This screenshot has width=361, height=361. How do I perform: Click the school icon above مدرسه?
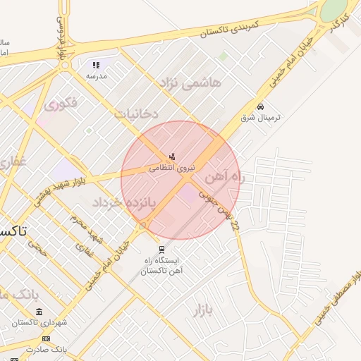(x=96, y=66)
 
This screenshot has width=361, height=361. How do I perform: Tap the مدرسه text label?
(x=96, y=75)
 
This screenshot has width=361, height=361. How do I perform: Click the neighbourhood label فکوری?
(x=61, y=105)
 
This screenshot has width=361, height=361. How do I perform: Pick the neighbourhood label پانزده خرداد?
(x=117, y=202)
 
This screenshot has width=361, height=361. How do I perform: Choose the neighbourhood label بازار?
(x=202, y=309)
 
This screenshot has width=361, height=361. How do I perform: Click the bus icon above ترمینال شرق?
(x=261, y=106)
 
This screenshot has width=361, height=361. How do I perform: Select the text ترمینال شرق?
(x=261, y=117)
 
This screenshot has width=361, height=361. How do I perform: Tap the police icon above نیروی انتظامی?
(x=173, y=157)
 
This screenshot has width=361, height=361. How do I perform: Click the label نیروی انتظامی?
(x=170, y=168)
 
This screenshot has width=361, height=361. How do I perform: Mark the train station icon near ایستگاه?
(x=163, y=249)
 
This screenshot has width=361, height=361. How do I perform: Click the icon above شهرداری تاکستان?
(x=39, y=312)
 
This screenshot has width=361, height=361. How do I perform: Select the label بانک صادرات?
(x=71, y=348)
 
